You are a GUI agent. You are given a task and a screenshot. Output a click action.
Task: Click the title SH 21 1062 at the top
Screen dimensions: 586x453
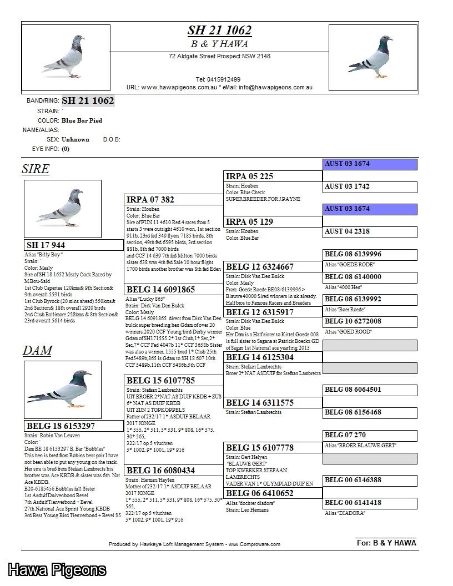click(x=219, y=31)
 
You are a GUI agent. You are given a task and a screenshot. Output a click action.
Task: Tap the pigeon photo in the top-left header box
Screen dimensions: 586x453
click(x=66, y=57)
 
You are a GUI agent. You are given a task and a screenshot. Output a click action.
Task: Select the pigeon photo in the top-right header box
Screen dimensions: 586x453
click(x=373, y=57)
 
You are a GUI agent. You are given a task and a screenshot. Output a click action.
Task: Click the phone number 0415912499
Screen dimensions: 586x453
click(x=218, y=79)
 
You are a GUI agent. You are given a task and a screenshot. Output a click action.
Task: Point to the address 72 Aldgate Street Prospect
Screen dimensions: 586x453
click(x=219, y=56)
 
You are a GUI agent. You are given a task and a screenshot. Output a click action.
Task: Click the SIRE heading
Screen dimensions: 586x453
click(x=36, y=169)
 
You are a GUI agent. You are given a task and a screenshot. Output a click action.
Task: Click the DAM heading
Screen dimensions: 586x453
click(x=37, y=351)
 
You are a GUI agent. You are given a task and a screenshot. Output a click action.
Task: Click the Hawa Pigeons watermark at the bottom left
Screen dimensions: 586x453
click(x=57, y=569)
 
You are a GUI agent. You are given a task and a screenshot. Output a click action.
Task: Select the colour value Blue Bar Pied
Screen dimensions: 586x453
click(x=82, y=120)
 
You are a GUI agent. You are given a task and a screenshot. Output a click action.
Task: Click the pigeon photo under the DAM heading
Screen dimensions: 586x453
click(x=62, y=390)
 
